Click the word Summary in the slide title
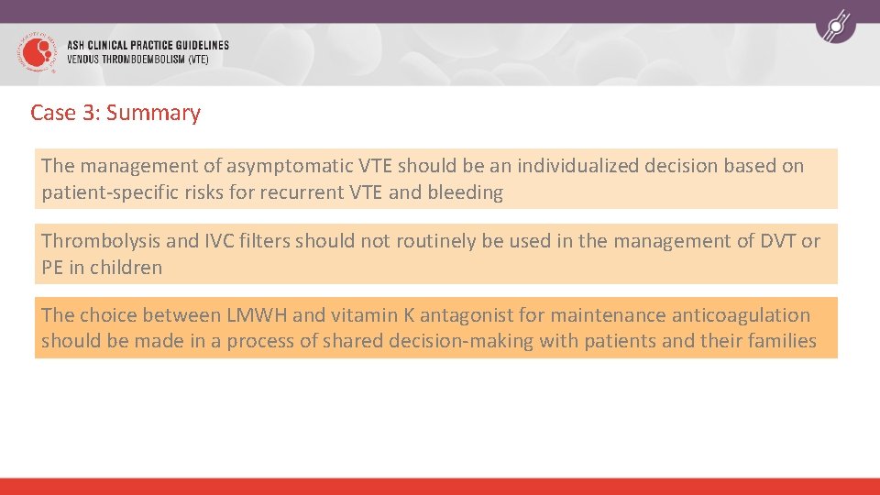pyautogui.click(x=153, y=113)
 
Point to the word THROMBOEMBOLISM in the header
pyautogui.click(x=143, y=60)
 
